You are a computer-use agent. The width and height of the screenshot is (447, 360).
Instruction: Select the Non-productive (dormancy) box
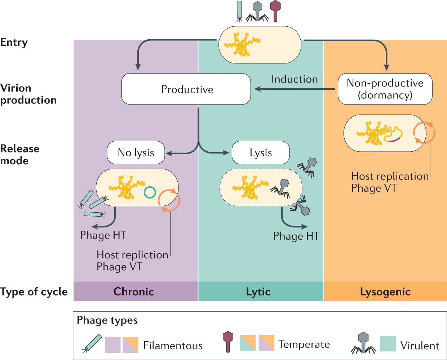pyautogui.click(x=385, y=89)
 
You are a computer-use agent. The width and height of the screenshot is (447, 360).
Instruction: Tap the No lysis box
pyautogui.click(x=136, y=152)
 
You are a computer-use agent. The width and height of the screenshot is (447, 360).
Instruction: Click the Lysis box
pyautogui.click(x=260, y=152)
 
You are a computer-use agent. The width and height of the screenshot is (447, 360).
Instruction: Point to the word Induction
pyautogui.click(x=295, y=79)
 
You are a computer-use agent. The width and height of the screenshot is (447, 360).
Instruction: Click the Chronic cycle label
pyautogui.click(x=134, y=292)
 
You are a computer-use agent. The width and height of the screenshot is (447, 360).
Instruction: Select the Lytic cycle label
pyautogui.click(x=258, y=292)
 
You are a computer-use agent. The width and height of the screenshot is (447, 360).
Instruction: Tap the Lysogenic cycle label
pyautogui.click(x=385, y=292)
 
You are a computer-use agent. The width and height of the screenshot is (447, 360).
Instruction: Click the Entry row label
pyautogui.click(x=14, y=42)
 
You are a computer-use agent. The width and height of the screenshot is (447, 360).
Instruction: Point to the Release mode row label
pyautogui.click(x=19, y=155)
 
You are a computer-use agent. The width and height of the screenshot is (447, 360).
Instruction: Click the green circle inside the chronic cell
pyautogui.click(x=150, y=192)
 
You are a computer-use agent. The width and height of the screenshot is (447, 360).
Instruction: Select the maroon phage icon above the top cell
pyautogui.click(x=275, y=10)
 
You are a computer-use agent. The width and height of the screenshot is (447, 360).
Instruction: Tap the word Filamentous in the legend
pyautogui.click(x=173, y=346)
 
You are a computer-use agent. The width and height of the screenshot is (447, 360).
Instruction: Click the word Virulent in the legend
pyautogui.click(x=420, y=346)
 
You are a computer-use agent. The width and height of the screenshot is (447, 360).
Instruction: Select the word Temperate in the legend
pyautogui.click(x=304, y=344)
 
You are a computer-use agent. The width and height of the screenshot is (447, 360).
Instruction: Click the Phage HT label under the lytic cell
pyautogui.click(x=296, y=236)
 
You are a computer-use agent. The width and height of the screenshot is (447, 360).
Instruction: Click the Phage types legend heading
pyautogui.click(x=107, y=320)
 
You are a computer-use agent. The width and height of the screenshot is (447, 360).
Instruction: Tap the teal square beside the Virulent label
pyautogui.click(x=388, y=343)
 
